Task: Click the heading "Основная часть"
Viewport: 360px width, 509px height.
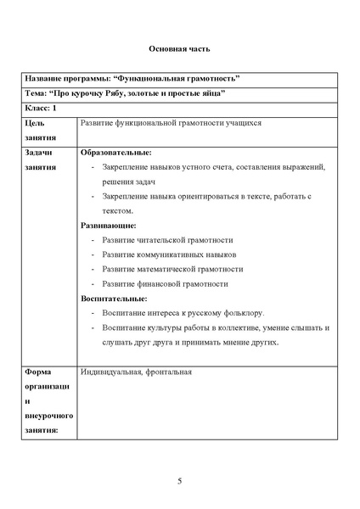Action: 180,50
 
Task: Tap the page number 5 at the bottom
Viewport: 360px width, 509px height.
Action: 180,482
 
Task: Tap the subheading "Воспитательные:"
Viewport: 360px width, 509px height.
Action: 115,298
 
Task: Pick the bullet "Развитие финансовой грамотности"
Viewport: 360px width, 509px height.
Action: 165,283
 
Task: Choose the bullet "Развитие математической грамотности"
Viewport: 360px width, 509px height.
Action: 172,269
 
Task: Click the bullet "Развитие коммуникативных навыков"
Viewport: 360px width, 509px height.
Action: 168,255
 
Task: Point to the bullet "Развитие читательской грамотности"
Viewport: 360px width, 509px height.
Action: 166,240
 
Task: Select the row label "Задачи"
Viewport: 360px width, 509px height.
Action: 40,153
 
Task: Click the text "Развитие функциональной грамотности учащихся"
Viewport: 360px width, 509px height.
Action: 171,123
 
